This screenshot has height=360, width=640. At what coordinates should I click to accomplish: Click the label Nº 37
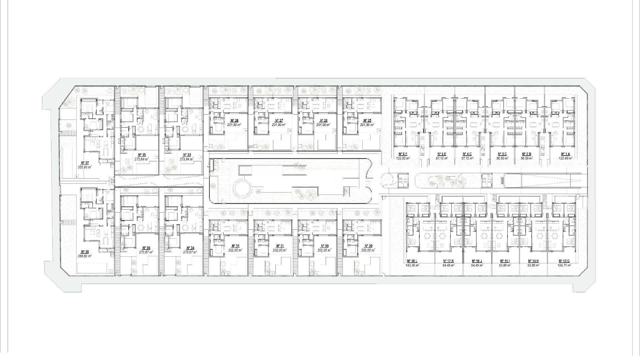click(85, 163)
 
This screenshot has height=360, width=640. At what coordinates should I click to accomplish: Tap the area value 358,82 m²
click(85, 256)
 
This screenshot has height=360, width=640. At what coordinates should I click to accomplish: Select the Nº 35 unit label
click(142, 155)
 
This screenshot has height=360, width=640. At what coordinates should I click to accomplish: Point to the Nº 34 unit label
click(190, 248)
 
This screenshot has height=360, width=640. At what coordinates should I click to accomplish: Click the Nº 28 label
click(234, 121)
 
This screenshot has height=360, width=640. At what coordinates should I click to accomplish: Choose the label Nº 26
click(323, 121)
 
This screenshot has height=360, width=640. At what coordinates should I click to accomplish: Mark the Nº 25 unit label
click(367, 121)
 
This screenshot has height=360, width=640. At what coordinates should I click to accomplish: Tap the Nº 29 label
click(368, 246)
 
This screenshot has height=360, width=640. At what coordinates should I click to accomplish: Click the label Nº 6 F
click(403, 154)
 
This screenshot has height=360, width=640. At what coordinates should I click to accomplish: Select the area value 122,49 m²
click(565, 158)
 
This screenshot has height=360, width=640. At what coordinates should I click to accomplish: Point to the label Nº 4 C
click(467, 154)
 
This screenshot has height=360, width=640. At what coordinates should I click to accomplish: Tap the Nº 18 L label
click(412, 261)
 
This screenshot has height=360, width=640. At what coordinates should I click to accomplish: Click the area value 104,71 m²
click(564, 265)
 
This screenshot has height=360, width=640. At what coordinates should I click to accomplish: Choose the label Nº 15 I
click(505, 261)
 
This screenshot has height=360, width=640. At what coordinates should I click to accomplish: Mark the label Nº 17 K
click(448, 261)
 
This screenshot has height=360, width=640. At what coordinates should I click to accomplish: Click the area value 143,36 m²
click(412, 265)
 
